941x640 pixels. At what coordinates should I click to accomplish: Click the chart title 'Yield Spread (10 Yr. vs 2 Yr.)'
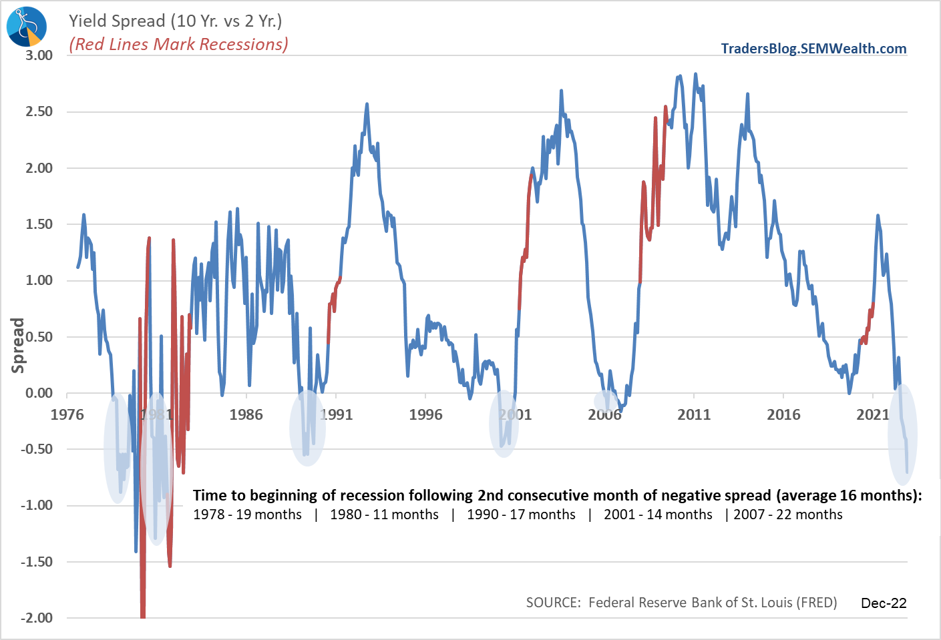click(x=175, y=21)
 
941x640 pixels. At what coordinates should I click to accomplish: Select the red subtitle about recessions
click(x=178, y=44)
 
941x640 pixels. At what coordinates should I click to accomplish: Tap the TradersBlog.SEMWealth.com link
click(x=813, y=49)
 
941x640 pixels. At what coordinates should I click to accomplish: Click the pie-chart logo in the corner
click(x=26, y=27)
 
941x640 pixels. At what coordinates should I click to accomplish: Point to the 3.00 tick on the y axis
click(x=39, y=55)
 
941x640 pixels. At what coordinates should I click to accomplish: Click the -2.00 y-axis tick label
click(x=37, y=618)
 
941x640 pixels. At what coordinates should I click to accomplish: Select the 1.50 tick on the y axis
click(x=39, y=224)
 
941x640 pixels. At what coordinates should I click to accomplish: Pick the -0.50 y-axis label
click(x=37, y=449)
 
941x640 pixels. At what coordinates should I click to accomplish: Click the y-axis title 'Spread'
click(x=18, y=345)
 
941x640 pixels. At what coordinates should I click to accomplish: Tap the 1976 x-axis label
click(x=67, y=414)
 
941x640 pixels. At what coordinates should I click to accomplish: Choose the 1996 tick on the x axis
click(x=425, y=414)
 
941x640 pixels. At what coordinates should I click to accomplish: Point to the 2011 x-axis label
click(x=694, y=414)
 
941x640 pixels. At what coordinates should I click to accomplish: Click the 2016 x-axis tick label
click(x=783, y=414)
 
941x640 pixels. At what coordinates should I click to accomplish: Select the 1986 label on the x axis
click(x=246, y=414)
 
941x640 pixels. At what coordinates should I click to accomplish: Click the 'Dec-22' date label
click(x=884, y=603)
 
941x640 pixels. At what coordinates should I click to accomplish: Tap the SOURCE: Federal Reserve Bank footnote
click(x=681, y=603)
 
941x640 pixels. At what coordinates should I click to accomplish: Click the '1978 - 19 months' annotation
click(x=247, y=515)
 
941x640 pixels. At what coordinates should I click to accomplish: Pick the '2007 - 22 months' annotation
click(x=788, y=515)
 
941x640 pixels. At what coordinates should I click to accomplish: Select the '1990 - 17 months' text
click(x=521, y=515)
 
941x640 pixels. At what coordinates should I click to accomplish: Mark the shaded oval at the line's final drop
click(x=902, y=434)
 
